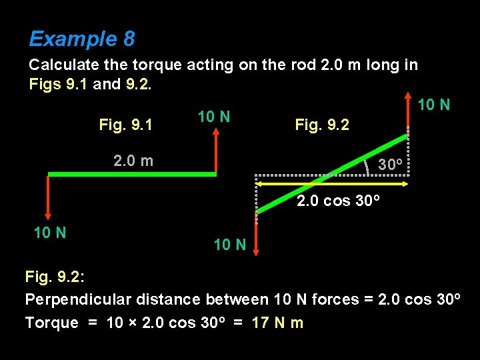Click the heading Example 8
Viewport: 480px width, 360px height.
81,39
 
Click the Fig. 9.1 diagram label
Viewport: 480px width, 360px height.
125,125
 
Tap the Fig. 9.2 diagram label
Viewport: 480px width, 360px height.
321,125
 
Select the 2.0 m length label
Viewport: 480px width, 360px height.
133,161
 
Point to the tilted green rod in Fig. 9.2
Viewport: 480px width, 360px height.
331,174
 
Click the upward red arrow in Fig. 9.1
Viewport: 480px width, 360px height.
216,150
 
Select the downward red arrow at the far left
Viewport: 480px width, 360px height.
48,197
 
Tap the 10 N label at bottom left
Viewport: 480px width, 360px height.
50,233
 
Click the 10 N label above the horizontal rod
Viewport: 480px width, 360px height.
214,117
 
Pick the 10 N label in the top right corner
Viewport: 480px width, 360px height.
433,105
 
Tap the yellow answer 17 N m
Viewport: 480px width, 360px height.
277,323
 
